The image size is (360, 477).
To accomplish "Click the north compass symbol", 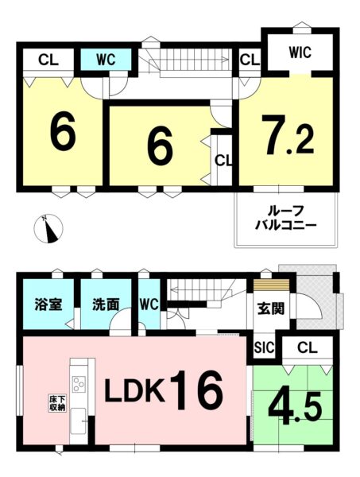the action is tap(48, 228).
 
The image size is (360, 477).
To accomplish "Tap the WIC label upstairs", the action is tap(300, 52).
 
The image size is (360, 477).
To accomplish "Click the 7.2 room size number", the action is tap(288, 135).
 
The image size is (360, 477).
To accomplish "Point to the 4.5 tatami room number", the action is tap(294, 408).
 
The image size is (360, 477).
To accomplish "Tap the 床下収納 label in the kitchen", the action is tap(57, 403).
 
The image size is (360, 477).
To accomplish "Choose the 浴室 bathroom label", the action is tap(48, 304).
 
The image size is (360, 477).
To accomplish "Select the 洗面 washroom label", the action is tap(106, 304).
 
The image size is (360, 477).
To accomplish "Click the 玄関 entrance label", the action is tap(271, 309).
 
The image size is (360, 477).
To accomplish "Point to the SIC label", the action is tap(264, 347).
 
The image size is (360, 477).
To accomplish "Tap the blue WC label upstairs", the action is tap(106, 60).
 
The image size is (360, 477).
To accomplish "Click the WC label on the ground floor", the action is tap(149, 304).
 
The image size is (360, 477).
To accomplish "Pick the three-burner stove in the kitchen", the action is tap(79, 384).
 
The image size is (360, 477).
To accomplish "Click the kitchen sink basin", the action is tap(78, 421).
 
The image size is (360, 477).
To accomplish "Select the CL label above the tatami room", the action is tap(308, 347).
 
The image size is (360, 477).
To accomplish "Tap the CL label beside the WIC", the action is tap(250, 60).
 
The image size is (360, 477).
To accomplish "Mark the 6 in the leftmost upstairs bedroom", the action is tap(63, 134).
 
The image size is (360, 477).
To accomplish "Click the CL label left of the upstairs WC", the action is tap(48, 60).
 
